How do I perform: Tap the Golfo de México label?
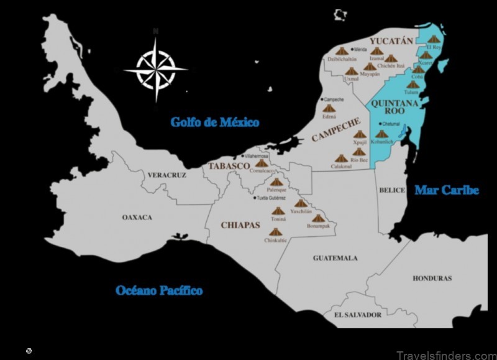pyautogui.click(x=214, y=122)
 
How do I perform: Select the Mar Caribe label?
pyautogui.click(x=447, y=190)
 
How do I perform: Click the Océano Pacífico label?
pyautogui.click(x=159, y=290)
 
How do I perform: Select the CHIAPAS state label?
pyautogui.click(x=240, y=225)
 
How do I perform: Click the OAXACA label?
pyautogui.click(x=137, y=218)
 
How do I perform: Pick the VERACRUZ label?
pyautogui.click(x=166, y=175)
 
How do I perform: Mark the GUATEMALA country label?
pyautogui.click(x=335, y=257)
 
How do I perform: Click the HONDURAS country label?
pyautogui.click(x=432, y=278)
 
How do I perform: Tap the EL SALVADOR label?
pyautogui.click(x=357, y=315)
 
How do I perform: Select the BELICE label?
pyautogui.click(x=391, y=190)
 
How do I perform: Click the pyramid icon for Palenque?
pyautogui.click(x=276, y=182)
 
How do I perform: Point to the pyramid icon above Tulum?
pyautogui.click(x=413, y=85)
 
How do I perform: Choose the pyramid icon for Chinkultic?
pyautogui.click(x=275, y=232)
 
